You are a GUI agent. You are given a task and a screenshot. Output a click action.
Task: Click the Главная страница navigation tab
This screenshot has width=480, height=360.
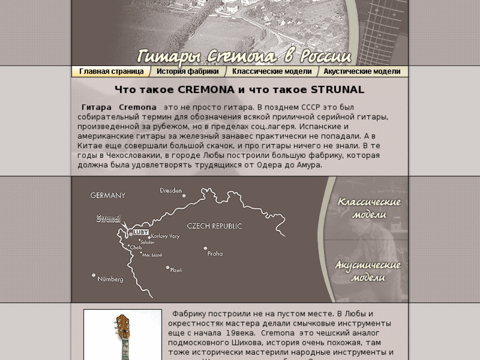pos(111,71)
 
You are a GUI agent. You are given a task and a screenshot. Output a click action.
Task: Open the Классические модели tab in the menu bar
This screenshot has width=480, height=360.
pos(271,71)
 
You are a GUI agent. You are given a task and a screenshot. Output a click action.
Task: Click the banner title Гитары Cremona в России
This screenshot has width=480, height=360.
pos(244,55)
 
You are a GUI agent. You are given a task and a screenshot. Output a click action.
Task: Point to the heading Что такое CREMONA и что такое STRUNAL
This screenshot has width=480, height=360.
pos(239,90)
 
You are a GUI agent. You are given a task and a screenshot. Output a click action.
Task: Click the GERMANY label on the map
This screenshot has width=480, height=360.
pos(108,196)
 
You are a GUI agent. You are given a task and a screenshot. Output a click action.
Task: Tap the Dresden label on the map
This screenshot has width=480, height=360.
pos(171,191)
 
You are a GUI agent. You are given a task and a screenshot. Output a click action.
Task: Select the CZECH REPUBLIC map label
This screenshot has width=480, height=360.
pos(215,226)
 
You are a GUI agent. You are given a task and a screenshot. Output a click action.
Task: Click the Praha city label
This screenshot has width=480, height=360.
pos(215,253)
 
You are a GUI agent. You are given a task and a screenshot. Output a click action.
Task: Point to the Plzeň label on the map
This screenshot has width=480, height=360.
pos(176,270)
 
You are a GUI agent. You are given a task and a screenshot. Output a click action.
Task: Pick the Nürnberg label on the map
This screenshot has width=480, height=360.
pos(110,279)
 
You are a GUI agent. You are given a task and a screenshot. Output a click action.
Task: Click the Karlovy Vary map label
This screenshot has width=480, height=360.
pos(165,236)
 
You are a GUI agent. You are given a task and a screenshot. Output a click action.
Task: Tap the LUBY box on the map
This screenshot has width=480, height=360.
pos(141,232)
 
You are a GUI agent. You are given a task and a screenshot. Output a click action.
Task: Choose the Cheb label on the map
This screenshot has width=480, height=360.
pos(136,248)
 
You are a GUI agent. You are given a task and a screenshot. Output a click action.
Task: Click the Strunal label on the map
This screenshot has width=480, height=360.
pos(108,218)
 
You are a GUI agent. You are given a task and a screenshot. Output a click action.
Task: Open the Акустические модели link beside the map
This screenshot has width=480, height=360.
pos(368,271)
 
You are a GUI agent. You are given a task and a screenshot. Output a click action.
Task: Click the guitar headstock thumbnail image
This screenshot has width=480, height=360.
pos(122,336)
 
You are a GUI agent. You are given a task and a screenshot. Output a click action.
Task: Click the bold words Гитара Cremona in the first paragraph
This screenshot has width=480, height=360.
pos(119,107)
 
